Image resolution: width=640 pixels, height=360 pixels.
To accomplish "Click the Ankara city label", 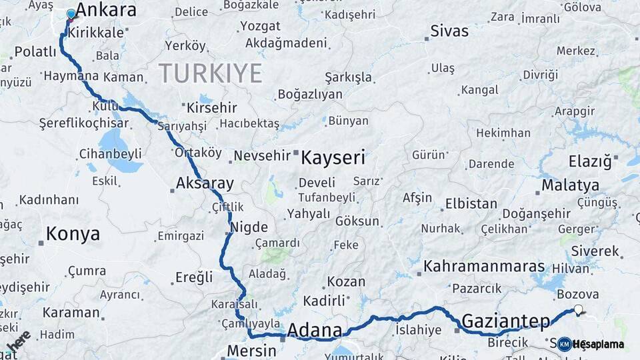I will click(x=106, y=10).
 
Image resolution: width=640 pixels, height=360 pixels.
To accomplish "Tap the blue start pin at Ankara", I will click(x=71, y=14).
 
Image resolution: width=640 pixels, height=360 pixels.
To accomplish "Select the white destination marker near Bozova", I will click(x=578, y=309).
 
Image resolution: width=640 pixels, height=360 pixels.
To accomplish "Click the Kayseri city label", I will click(x=333, y=158).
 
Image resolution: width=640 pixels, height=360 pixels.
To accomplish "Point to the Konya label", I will click(x=73, y=234).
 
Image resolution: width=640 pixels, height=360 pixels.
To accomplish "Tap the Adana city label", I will click(x=314, y=330).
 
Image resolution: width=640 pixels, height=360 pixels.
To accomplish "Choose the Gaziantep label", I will click(x=505, y=321).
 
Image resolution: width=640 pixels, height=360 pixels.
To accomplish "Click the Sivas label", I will click(x=450, y=31).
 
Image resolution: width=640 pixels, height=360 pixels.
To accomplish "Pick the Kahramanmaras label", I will click(x=484, y=266).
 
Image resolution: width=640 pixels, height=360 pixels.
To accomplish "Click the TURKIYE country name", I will click(x=210, y=73).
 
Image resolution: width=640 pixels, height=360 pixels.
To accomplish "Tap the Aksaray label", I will click(x=205, y=183).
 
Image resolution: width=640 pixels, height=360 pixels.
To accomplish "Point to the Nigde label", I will click(x=249, y=227).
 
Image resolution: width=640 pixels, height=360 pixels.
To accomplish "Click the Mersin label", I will click(x=251, y=351).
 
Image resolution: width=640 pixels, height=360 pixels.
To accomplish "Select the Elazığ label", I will click(x=589, y=161).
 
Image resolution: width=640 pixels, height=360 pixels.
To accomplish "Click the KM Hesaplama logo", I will click(x=591, y=344).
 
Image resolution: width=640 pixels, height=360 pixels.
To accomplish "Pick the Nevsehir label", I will click(x=262, y=156).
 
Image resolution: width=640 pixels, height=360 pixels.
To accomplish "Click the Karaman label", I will click(x=71, y=312).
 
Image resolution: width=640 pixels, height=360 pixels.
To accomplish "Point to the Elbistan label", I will click(x=471, y=203).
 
